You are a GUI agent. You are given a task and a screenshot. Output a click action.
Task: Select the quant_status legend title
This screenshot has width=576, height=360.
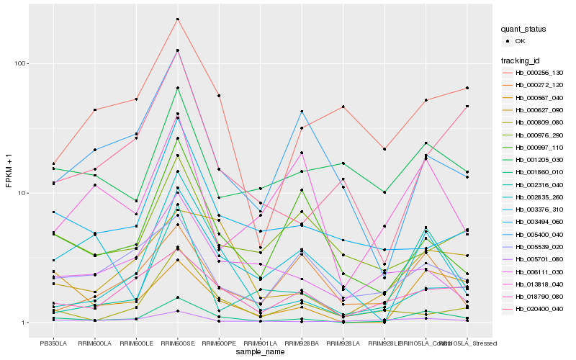pos(526,29)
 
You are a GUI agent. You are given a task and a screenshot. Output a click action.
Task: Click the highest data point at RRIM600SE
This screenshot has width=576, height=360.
pos(177,19)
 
